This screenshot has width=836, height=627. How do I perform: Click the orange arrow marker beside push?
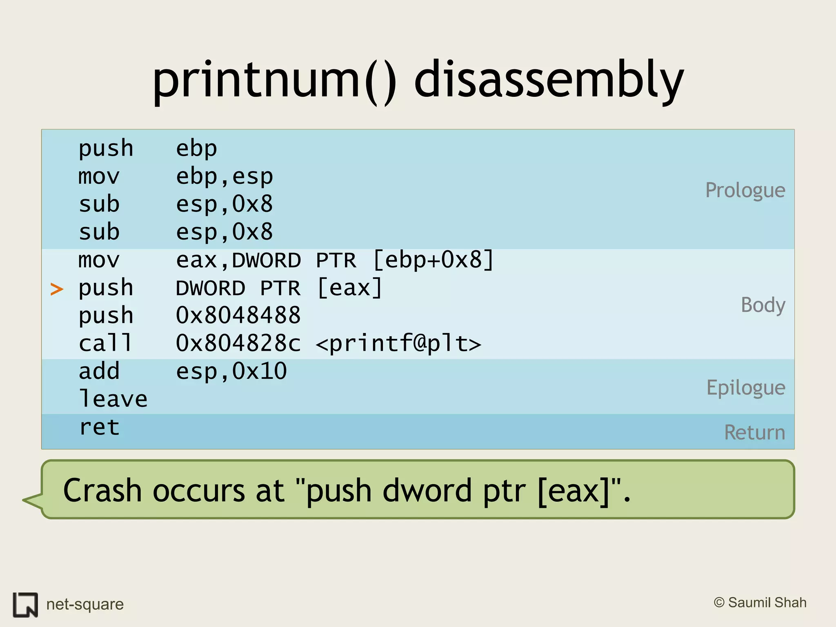[57, 289]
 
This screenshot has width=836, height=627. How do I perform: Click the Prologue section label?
[745, 190]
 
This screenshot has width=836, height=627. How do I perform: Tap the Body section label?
[763, 305]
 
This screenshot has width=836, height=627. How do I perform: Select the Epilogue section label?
[746, 388]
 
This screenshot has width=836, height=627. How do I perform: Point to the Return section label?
[754, 432]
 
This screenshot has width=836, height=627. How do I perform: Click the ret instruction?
[99, 427]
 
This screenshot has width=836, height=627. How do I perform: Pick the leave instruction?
[113, 399]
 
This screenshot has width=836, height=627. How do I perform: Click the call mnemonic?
[105, 343]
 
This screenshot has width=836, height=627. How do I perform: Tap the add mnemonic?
[99, 371]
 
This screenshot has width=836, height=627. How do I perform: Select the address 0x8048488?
[238, 316]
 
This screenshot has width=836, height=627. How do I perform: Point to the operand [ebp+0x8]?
[433, 260]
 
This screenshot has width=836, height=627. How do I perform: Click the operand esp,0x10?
[231, 371]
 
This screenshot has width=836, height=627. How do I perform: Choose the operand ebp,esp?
[224, 177]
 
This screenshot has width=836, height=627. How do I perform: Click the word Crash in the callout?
[102, 490]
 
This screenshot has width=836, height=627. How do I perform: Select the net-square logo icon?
[25, 605]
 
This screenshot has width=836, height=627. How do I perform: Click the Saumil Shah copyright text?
[760, 603]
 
